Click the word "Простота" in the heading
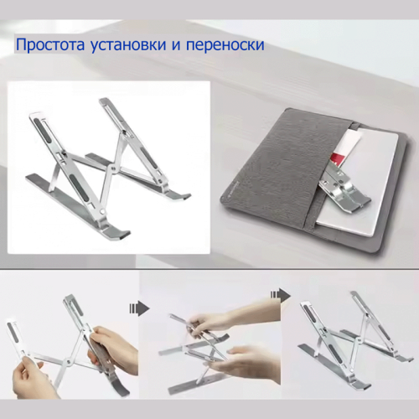tap(49, 44)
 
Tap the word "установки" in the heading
tap(128, 45)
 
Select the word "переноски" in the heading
tap(225, 45)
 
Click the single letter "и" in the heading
tap(176, 45)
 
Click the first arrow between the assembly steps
tap(139, 308)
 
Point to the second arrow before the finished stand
tap(281, 295)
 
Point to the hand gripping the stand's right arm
tap(114, 350)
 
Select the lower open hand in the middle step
tap(246, 365)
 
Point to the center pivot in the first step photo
tap(68, 362)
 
